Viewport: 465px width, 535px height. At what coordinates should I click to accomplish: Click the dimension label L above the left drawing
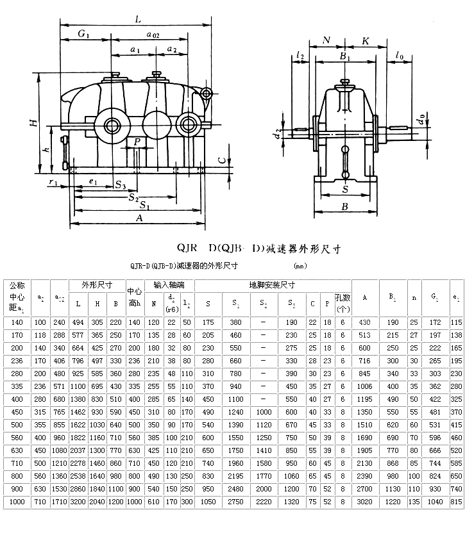pos(138,20)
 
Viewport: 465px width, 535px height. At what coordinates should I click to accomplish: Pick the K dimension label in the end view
pos(365,40)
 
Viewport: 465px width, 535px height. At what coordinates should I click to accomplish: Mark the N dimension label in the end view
pos(326,40)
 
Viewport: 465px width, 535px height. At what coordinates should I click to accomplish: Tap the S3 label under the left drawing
pos(120,186)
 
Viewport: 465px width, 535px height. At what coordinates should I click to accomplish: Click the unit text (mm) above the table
pos(300,265)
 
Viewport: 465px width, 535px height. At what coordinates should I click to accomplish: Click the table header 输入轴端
pos(168,284)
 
